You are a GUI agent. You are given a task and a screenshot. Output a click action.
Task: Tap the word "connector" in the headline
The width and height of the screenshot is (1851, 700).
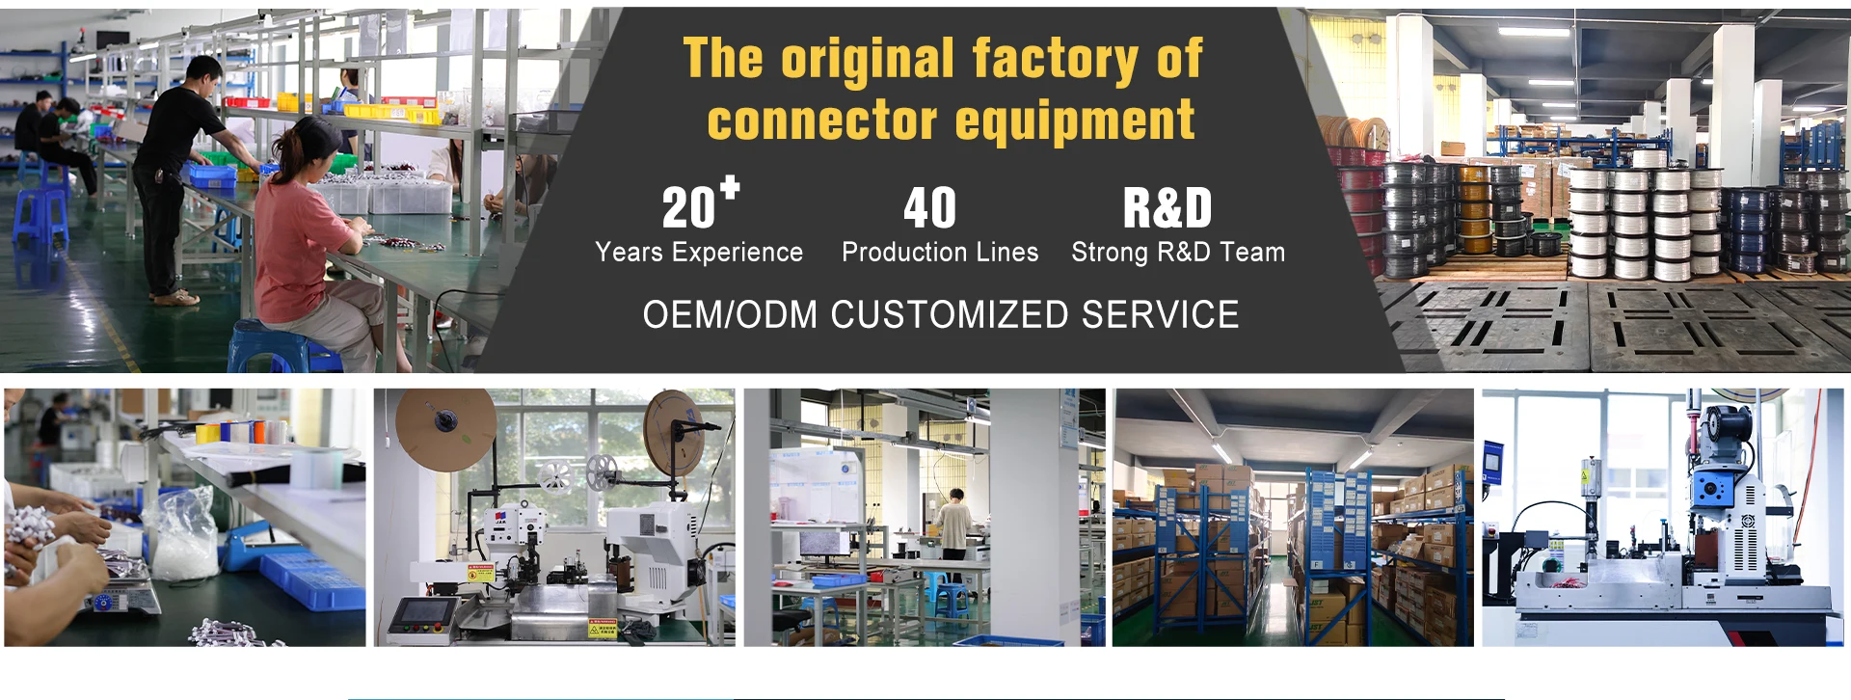pos(822,121)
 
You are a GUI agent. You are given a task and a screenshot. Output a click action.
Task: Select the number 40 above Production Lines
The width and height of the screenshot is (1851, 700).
pos(930,207)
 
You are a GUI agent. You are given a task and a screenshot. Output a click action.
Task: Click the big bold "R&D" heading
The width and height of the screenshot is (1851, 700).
pos(1167,207)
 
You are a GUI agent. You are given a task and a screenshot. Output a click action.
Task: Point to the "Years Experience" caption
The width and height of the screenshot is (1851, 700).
pos(699,252)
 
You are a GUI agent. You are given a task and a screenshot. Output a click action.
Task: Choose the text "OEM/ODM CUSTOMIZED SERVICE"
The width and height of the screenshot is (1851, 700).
pos(941,314)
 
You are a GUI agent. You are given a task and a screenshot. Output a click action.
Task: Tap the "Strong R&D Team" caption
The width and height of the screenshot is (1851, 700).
pos(1178,252)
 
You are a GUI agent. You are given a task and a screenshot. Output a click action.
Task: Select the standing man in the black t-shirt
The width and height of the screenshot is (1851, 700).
pos(178,174)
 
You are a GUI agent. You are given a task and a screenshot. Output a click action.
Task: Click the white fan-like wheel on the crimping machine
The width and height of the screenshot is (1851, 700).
pos(555,476)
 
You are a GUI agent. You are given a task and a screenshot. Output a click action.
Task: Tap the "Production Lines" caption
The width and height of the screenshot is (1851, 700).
pos(940,252)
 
